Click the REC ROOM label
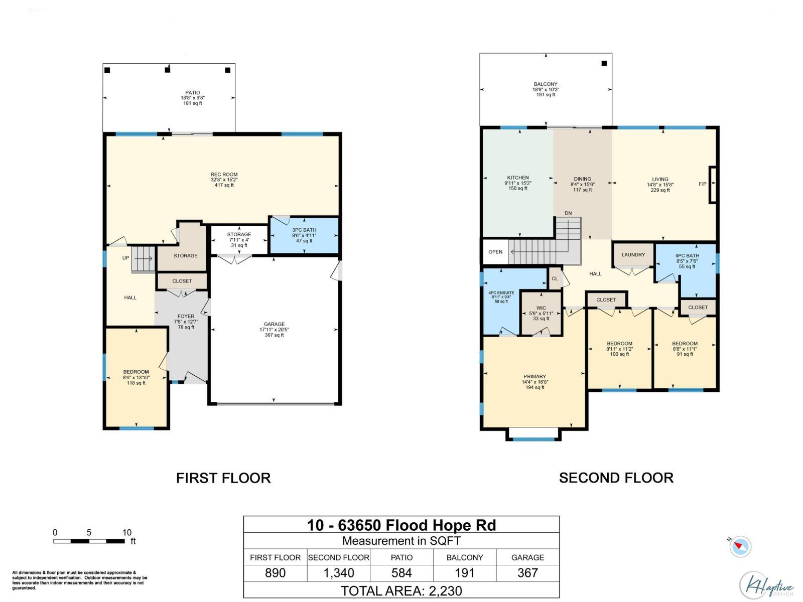224,175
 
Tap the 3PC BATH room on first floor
304,235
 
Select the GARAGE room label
274,325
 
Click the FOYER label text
186,317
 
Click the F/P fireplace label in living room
702,184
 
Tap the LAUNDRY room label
633,255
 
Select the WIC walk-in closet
541,313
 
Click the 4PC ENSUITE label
501,292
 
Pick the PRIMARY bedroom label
534,377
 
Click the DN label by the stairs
568,213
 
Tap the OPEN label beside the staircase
495,252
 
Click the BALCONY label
546,84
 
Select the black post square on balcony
604,63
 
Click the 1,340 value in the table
339,573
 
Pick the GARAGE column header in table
527,557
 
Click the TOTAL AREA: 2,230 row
401,590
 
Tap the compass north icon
740,546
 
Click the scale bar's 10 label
126,533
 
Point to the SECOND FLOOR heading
616,478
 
